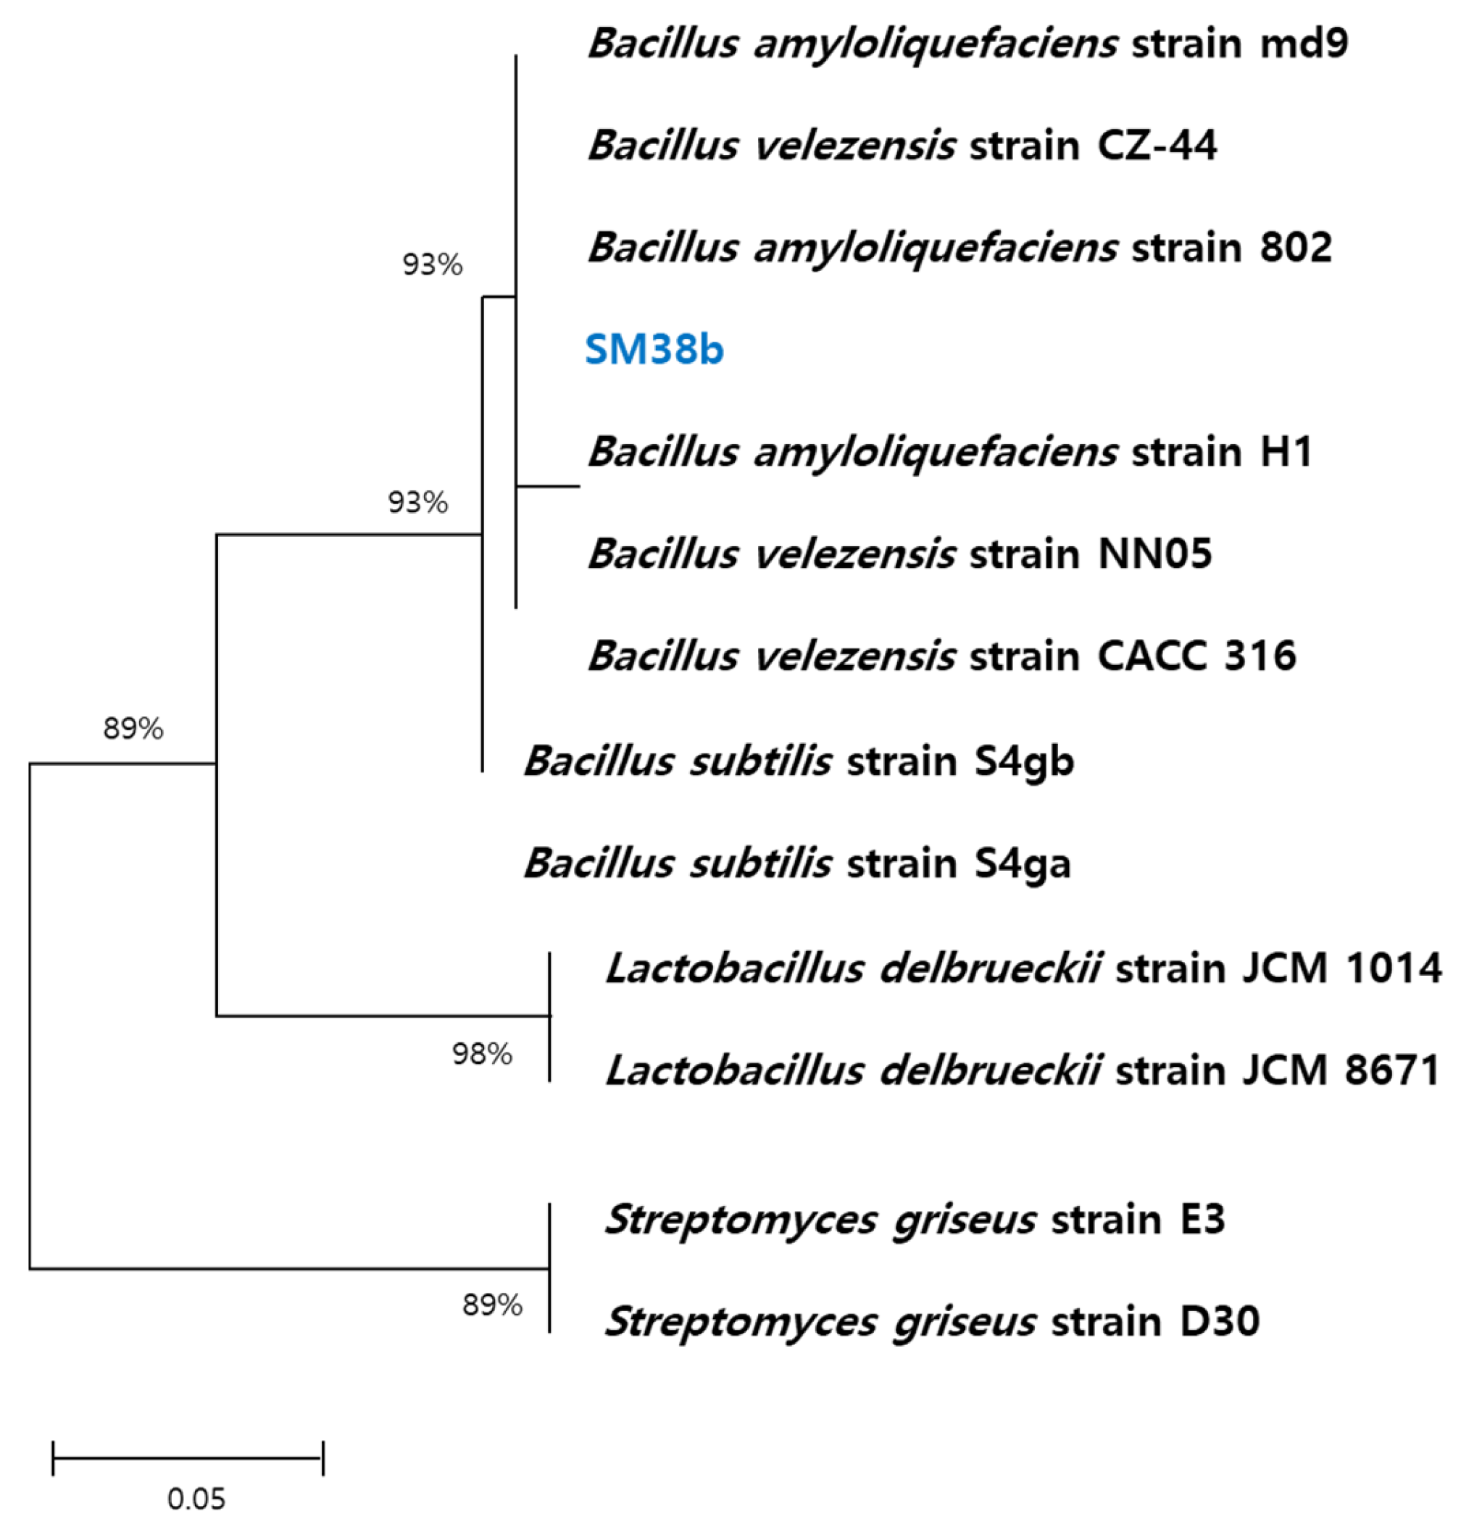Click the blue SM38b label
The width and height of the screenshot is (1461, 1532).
[x=654, y=350]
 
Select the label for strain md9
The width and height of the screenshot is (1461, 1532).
[x=968, y=43]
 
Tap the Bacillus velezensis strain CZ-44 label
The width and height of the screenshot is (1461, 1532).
[x=902, y=146]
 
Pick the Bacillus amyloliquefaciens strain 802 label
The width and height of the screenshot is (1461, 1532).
[x=960, y=248]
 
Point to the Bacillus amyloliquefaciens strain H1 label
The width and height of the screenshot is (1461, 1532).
[x=950, y=451]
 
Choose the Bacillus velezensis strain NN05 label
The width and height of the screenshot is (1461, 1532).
[x=900, y=554]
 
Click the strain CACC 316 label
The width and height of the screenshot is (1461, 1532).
[x=942, y=656]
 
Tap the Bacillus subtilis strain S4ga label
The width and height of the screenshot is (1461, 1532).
[x=797, y=863]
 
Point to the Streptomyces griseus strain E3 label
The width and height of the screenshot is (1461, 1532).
[x=915, y=1220]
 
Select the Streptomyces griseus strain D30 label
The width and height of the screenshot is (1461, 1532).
[x=931, y=1322]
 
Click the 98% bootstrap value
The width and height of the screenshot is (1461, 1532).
[x=482, y=1055]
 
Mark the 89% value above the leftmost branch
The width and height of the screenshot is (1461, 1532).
[x=133, y=729]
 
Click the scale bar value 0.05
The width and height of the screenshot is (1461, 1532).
[x=196, y=1499]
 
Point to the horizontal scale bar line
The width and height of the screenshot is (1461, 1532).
[x=188, y=1458]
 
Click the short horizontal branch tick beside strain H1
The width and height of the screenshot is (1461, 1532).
[x=549, y=487]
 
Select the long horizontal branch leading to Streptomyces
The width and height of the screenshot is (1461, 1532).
[x=288, y=1270]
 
